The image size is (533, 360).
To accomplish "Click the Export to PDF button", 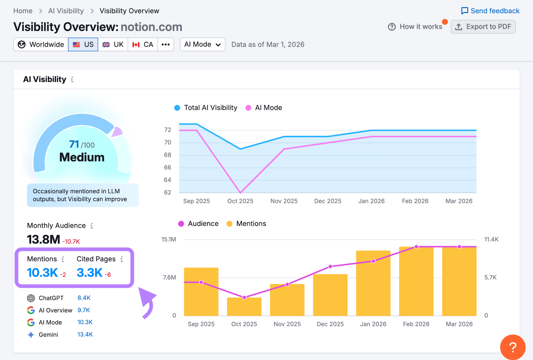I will click(483, 27).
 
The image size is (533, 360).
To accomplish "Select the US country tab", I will click(83, 44).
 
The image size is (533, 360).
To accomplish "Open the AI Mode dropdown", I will click(203, 44).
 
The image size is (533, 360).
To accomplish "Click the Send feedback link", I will click(490, 11).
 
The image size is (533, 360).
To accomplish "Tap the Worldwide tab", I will click(41, 44).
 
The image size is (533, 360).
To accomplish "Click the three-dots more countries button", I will click(166, 44).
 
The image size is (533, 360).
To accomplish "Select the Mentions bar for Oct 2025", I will click(244, 307).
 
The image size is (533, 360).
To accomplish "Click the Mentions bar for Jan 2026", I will click(373, 283).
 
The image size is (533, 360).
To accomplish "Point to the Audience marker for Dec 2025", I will click(330, 266).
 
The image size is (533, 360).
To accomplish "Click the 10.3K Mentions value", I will click(42, 273).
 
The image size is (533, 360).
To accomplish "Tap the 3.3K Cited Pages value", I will click(90, 273).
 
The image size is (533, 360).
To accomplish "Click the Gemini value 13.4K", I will click(85, 334).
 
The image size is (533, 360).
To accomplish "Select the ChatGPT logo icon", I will click(31, 298).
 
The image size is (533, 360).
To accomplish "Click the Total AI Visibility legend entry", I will click(206, 108).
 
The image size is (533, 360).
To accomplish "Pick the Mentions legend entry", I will click(246, 224).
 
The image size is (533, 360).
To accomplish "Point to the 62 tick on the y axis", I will click(168, 192).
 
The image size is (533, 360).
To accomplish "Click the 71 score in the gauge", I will click(74, 144).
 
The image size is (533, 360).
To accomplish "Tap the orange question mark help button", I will click(513, 347).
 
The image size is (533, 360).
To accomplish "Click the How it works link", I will click(415, 27).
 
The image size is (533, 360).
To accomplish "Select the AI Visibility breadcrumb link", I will click(66, 11).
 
